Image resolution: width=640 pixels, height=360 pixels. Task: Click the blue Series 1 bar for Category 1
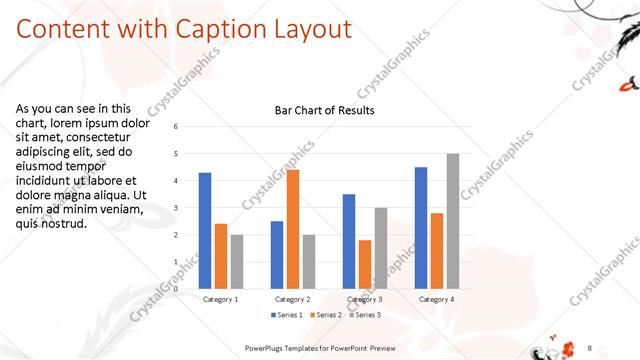[x=205, y=231]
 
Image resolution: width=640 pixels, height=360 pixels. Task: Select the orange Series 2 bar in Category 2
[x=293, y=230]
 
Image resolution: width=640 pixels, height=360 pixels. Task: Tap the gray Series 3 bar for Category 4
[x=453, y=221]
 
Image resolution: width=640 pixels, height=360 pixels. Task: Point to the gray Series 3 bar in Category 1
[x=237, y=262]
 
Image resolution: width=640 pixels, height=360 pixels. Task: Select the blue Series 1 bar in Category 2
[x=277, y=255]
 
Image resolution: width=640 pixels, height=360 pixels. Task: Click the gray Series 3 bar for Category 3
[x=381, y=248]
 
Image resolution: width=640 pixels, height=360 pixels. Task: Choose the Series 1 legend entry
[x=287, y=315]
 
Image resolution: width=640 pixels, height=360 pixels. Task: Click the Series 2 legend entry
[x=328, y=315]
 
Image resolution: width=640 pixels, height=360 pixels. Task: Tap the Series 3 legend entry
[x=367, y=315]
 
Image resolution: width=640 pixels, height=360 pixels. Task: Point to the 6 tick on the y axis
[x=176, y=127]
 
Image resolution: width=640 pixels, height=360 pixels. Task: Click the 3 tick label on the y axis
[x=176, y=208]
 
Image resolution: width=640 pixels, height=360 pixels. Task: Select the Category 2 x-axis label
[x=293, y=299]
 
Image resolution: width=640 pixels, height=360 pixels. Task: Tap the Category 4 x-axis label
[x=437, y=299]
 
